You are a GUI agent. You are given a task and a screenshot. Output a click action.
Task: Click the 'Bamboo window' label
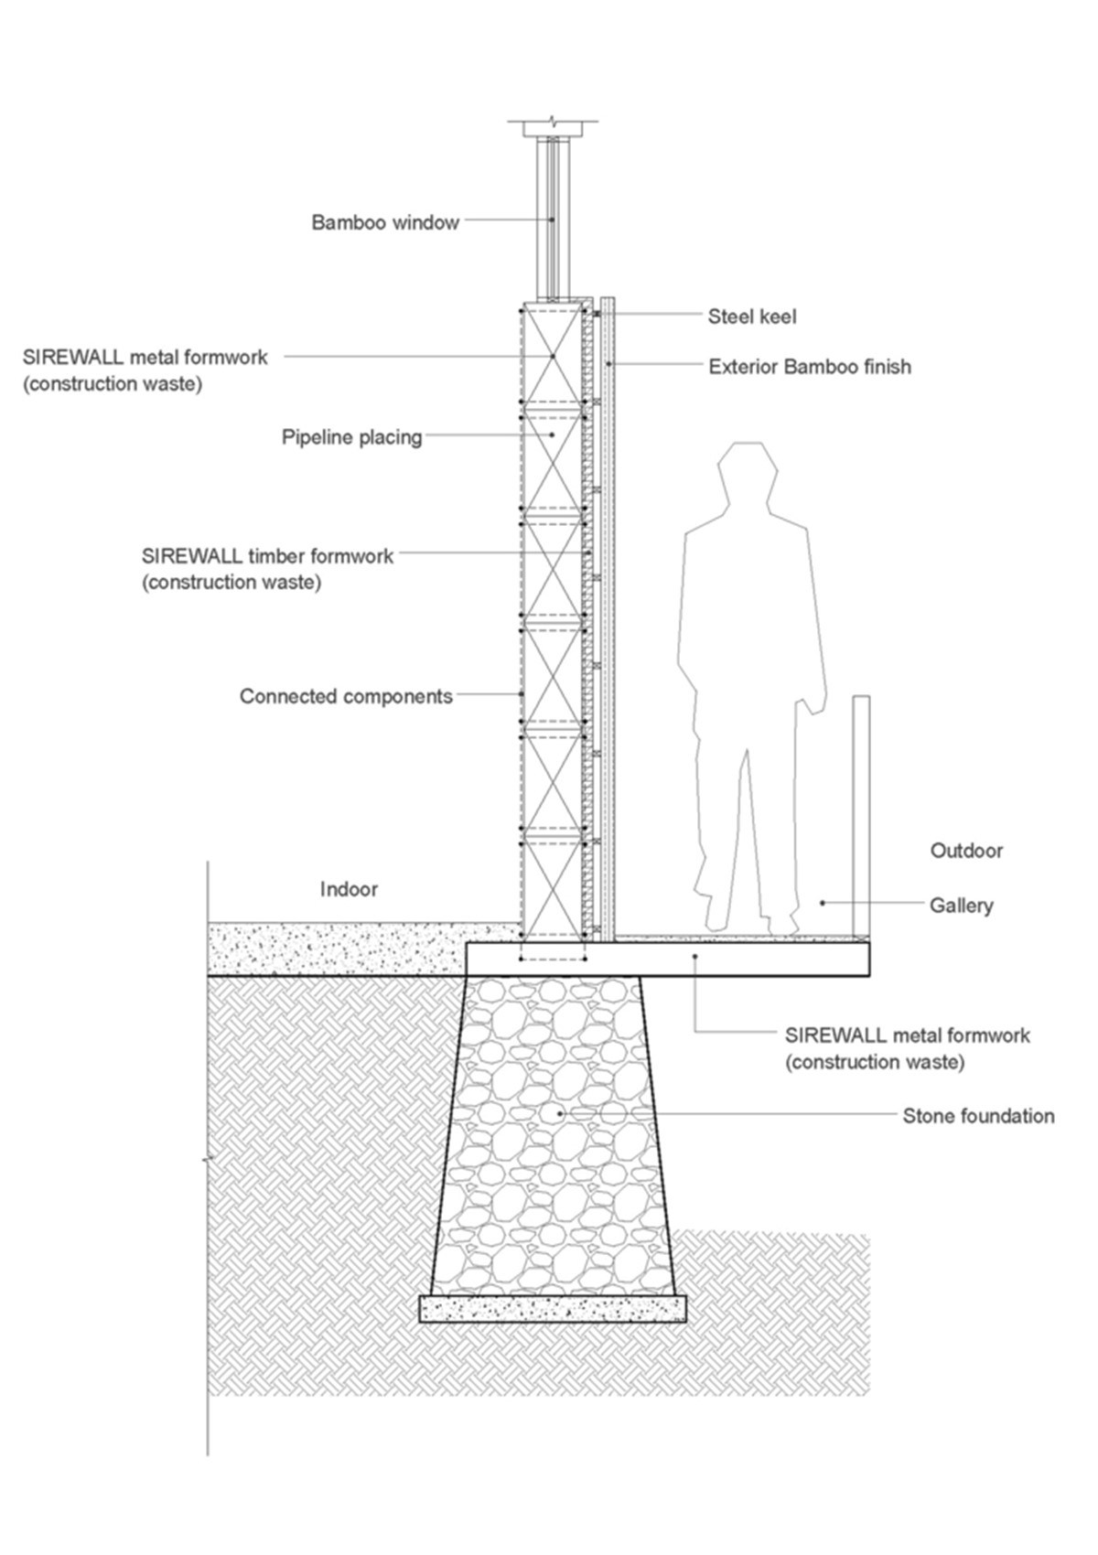(x=385, y=223)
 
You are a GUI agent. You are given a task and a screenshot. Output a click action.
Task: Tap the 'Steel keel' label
(x=752, y=316)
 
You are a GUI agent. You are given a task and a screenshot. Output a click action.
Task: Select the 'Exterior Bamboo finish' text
(x=810, y=367)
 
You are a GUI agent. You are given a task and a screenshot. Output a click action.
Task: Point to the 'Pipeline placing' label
(x=352, y=437)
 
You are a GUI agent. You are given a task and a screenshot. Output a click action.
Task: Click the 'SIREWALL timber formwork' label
(x=267, y=569)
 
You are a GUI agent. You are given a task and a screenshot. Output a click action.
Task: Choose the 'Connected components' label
(x=346, y=696)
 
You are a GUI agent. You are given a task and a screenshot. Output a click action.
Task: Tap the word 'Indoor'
(x=349, y=889)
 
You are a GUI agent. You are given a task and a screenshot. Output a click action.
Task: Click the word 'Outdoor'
(x=967, y=851)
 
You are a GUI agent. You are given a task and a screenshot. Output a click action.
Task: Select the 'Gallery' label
(x=961, y=906)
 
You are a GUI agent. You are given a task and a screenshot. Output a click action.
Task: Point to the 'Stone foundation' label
(x=978, y=1116)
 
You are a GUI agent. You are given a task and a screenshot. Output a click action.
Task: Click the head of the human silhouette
(x=748, y=472)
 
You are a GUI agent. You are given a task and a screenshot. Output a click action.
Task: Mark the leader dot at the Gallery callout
(x=823, y=903)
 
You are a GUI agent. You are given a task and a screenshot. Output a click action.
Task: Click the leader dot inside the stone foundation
(x=561, y=1113)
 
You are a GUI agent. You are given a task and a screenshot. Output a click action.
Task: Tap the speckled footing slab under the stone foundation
(x=553, y=1308)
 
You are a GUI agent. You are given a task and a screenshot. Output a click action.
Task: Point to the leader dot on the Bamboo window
(x=552, y=220)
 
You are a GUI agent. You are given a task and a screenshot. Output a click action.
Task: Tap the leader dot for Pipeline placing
(x=553, y=434)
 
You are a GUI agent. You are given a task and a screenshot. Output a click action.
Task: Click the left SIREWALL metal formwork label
(x=145, y=370)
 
